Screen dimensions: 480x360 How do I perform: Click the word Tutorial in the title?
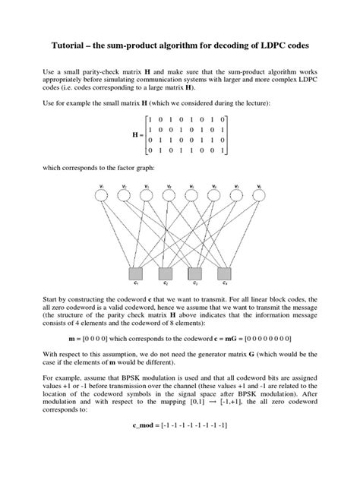pyautogui.click(x=72, y=46)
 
